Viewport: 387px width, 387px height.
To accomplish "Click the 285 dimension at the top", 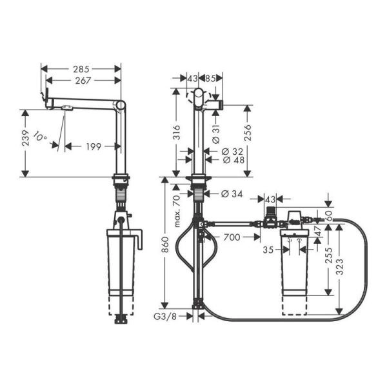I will coord(81,68).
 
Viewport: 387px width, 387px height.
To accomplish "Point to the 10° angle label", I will coord(41,137).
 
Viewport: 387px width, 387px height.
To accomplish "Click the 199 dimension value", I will coord(94,146).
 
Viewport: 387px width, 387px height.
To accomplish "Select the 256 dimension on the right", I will coord(248,132).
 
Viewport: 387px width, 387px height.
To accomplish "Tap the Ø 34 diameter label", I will coord(232,193).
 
